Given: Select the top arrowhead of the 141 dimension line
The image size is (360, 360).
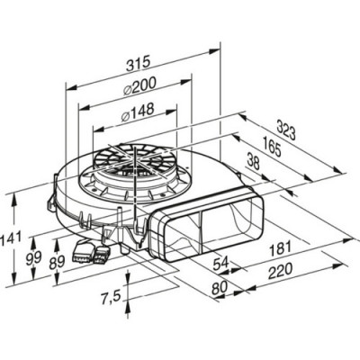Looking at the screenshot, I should pyautogui.click(x=20, y=194).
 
